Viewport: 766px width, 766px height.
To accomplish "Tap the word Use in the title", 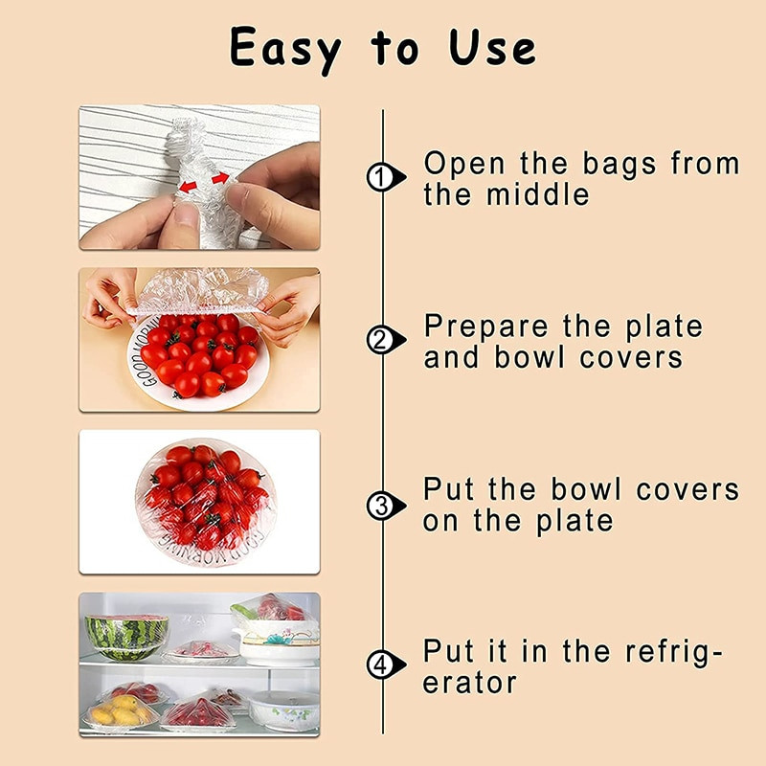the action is coord(492,47).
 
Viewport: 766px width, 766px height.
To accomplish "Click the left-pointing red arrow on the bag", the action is coord(188,186).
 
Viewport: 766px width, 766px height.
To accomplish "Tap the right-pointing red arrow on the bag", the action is coord(220,178).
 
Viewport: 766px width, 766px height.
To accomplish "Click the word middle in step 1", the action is coord(538,195).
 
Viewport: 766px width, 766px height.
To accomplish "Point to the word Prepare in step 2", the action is coord(485,327).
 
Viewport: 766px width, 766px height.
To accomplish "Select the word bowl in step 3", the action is coord(586,489).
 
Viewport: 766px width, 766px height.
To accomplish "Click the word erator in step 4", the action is coord(469,683).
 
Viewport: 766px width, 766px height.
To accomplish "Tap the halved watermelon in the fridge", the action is coord(126,637).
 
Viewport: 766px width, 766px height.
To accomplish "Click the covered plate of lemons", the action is coord(122,711).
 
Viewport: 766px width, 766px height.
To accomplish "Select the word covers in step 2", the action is coord(631,358).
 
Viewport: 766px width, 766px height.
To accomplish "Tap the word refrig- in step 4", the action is coord(674,653).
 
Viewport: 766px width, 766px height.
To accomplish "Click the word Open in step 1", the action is coord(464,164).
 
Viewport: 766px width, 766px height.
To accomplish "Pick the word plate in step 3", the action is coord(574,522).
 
